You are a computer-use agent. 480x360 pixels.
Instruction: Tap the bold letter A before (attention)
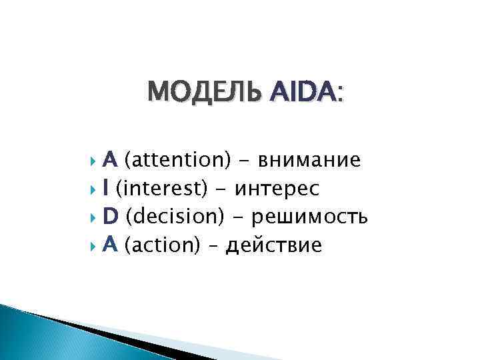(x=111, y=160)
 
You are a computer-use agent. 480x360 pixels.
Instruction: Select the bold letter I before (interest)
(x=107, y=189)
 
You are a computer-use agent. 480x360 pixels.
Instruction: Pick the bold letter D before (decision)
(x=111, y=217)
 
